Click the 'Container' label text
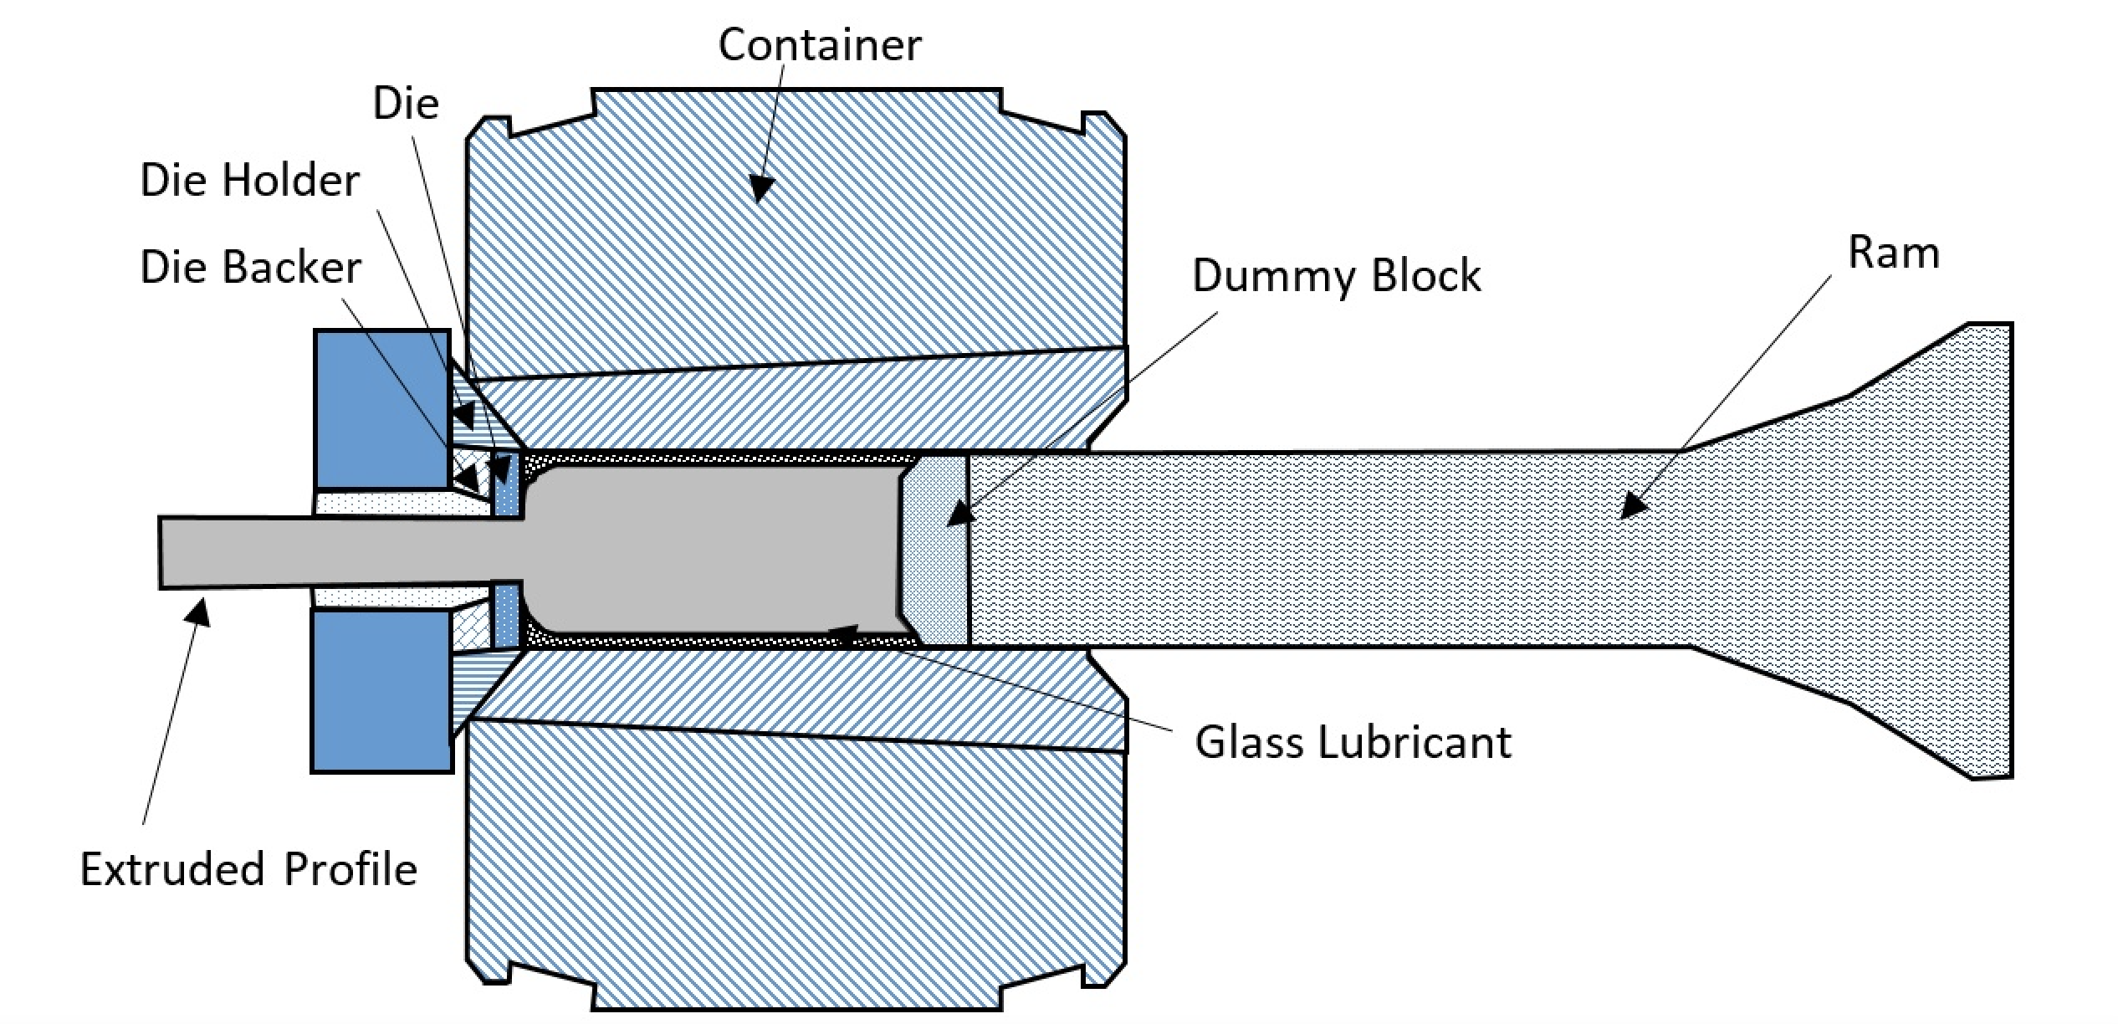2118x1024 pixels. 819,44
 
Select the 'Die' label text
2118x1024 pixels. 406,104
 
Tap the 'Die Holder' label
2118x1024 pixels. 249,181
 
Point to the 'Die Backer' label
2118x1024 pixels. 250,268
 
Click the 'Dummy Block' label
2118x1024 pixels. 1336,276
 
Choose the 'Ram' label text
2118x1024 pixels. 1893,253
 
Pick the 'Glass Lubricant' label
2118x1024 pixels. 1353,742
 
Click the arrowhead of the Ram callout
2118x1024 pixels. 1633,507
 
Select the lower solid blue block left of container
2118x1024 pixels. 381,689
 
